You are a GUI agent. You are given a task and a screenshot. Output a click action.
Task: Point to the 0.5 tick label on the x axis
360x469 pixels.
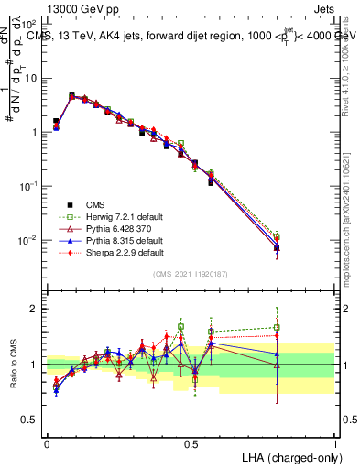(191, 442)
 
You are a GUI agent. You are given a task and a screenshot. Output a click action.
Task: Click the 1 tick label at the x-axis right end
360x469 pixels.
(335, 442)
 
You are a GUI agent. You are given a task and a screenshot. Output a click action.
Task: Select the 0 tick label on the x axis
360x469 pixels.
(47, 442)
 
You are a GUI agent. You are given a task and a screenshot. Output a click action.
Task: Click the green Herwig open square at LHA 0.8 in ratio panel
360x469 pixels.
(278, 327)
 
